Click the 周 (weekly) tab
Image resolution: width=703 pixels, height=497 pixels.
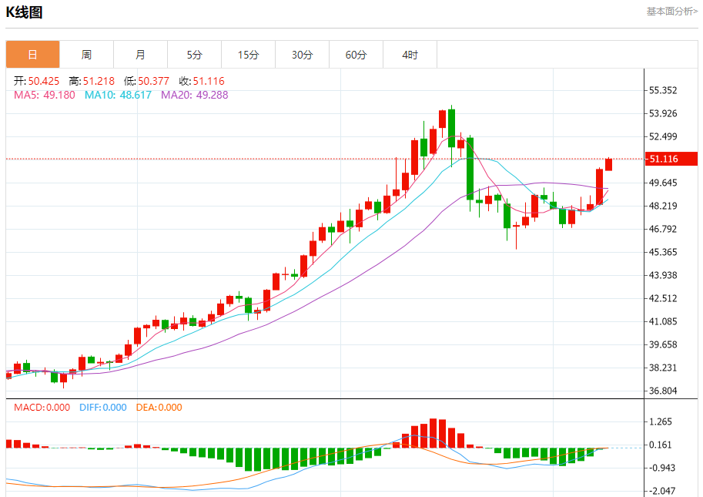[86, 55]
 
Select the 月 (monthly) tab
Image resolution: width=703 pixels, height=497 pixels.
[140, 55]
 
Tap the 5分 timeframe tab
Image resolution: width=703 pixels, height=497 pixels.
[194, 55]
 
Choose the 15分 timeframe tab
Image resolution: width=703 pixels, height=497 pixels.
[248, 55]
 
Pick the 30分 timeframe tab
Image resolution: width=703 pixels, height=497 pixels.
[302, 55]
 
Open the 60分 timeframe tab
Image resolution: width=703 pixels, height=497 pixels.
[356, 55]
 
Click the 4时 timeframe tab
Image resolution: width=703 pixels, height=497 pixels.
[410, 55]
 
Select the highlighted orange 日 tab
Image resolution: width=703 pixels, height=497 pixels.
[32, 55]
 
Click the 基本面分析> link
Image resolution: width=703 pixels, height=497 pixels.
[671, 12]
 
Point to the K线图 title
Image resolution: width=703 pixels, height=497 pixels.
[25, 12]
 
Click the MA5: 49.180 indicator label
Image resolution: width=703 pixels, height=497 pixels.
[45, 95]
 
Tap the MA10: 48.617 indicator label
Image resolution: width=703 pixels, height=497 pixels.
[118, 95]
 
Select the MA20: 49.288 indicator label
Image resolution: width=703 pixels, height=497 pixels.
[194, 95]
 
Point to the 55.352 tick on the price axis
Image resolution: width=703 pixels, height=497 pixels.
[663, 90]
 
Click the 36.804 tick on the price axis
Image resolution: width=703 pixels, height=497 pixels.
[663, 391]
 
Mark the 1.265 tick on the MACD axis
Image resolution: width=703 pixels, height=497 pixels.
[661, 421]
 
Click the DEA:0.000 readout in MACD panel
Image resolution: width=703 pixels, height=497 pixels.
[159, 408]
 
